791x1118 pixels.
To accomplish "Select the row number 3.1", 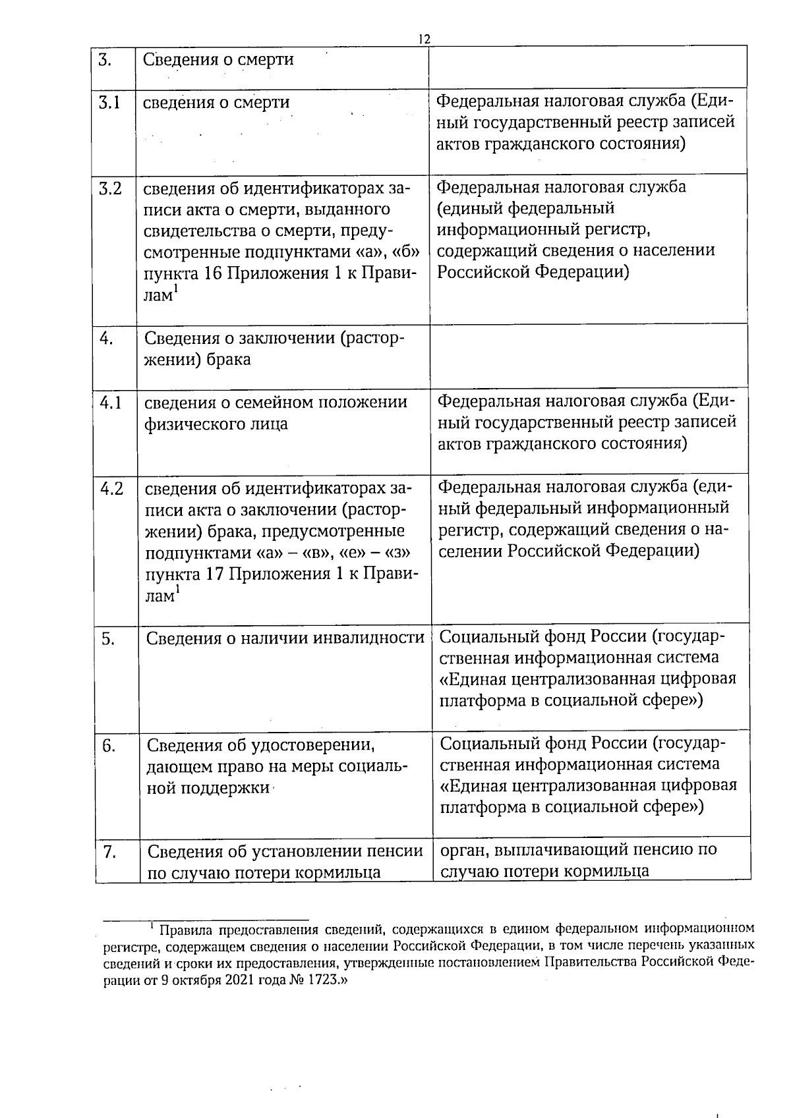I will point(109,103).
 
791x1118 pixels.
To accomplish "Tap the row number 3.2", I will point(110,188).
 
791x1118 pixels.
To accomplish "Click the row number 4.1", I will point(111,402).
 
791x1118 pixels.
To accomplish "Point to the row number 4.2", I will point(111,489).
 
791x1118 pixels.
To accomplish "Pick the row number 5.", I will point(109,638).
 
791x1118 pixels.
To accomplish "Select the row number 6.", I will point(109,745).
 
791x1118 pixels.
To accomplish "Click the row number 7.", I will point(109,852).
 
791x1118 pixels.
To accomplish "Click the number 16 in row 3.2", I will point(212,273).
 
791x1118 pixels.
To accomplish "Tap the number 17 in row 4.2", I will point(213,574).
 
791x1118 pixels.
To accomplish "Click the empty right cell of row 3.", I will point(588,67).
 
